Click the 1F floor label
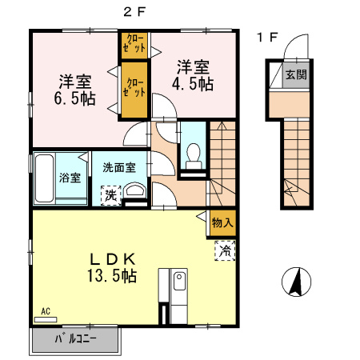[x=267, y=37]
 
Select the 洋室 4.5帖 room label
[x=193, y=74]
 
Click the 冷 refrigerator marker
[x=226, y=251]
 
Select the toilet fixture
[x=193, y=154]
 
